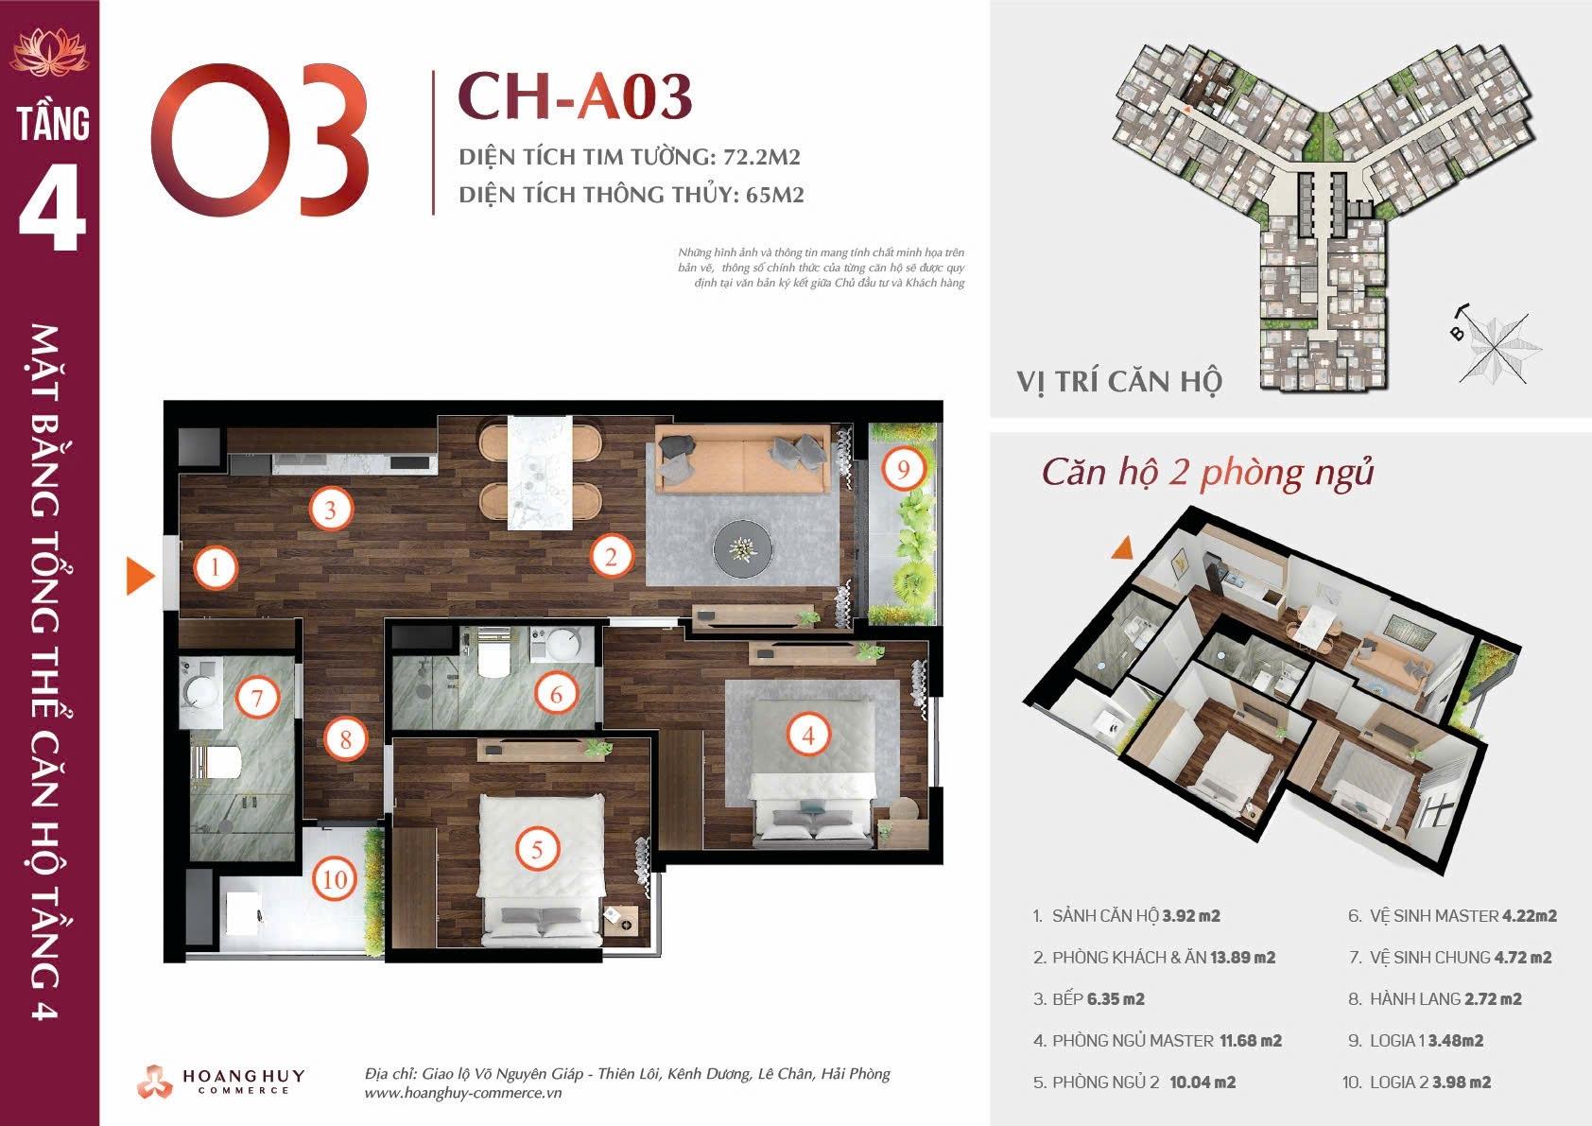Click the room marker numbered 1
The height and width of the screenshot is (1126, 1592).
click(x=216, y=567)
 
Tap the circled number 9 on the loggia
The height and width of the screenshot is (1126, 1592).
click(x=904, y=469)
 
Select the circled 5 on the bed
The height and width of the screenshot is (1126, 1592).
click(x=537, y=849)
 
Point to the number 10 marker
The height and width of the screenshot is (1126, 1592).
click(x=335, y=880)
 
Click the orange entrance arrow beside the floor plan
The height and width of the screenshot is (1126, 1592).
click(x=139, y=576)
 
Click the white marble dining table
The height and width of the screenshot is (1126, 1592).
click(x=540, y=472)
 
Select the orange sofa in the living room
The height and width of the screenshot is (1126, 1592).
click(x=743, y=459)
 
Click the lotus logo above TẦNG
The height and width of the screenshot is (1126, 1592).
click(x=50, y=51)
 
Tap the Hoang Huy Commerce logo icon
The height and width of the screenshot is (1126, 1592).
click(x=155, y=1082)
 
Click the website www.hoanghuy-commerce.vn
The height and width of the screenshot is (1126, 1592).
click(x=462, y=1093)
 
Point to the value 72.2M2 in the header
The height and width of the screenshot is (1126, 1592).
click(x=762, y=157)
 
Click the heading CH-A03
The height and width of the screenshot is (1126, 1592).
click(x=575, y=96)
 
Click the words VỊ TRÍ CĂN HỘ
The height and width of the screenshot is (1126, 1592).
click(x=1119, y=382)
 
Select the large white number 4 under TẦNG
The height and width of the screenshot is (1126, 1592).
click(x=52, y=208)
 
